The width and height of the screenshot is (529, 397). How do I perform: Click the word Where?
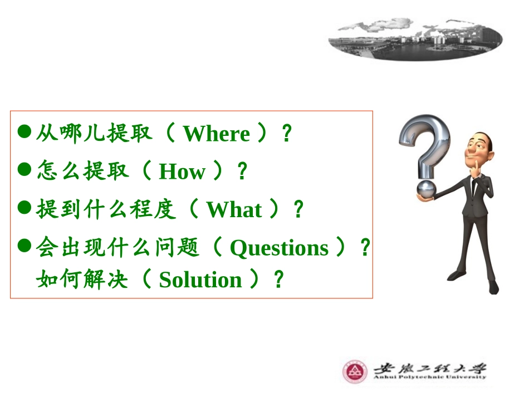coord(216,134)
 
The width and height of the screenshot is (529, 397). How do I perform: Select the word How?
coord(182,172)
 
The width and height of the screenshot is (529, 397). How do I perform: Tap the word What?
coord(234,210)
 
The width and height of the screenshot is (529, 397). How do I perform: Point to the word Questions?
coord(279,248)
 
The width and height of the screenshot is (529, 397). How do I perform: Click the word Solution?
coord(200,280)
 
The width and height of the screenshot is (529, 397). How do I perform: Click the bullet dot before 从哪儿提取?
coord(24,133)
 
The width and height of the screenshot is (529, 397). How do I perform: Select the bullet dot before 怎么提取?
coord(24,170)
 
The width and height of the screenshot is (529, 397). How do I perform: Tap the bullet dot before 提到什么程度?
coord(24,208)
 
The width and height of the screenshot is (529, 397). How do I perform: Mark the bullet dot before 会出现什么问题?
coord(24,246)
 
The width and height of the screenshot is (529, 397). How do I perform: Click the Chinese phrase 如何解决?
coord(82,280)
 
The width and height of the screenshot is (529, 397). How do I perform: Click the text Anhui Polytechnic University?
coord(429,377)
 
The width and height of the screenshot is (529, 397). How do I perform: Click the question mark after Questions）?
coord(365,248)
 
